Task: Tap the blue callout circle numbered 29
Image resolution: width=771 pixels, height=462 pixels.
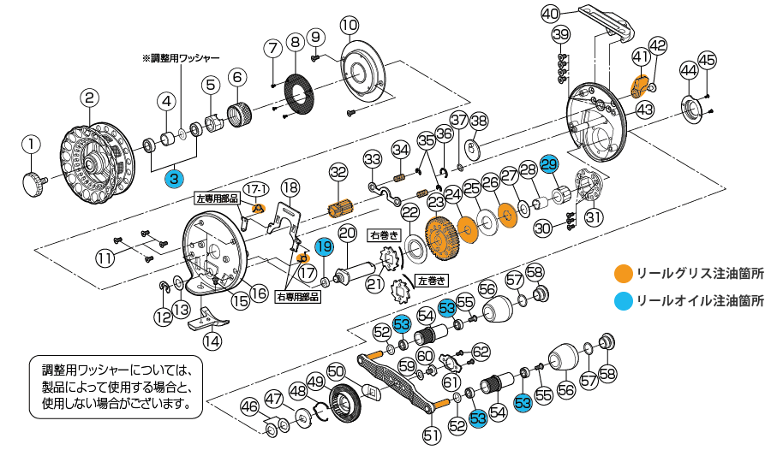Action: pos(549,164)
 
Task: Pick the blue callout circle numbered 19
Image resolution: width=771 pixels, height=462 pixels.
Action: pos(323,247)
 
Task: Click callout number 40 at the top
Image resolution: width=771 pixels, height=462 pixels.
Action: pos(550,14)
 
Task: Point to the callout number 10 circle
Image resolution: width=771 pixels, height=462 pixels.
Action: pos(349,25)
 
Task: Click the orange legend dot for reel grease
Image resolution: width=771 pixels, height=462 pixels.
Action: pos(623,274)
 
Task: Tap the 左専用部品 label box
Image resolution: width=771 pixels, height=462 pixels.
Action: pos(218,198)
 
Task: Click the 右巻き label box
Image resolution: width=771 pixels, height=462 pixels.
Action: pos(383,233)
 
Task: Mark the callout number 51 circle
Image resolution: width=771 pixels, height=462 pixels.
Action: pos(431,435)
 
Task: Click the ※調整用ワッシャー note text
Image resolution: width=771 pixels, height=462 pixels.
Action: pos(181,58)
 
